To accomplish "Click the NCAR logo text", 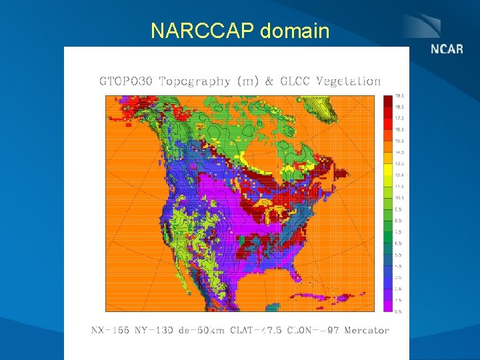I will click(x=447, y=49).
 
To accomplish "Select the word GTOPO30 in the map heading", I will click(x=126, y=81).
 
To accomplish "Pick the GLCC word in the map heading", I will click(x=294, y=81).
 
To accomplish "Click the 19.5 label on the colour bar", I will click(x=398, y=95).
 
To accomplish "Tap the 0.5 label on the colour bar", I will click(x=398, y=311).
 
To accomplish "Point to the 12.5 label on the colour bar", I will click(x=398, y=175).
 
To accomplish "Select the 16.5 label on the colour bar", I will click(x=398, y=129).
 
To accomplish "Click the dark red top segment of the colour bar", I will click(x=387, y=101).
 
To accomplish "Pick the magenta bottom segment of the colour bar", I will click(x=387, y=305).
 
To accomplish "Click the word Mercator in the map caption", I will click(x=366, y=330).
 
